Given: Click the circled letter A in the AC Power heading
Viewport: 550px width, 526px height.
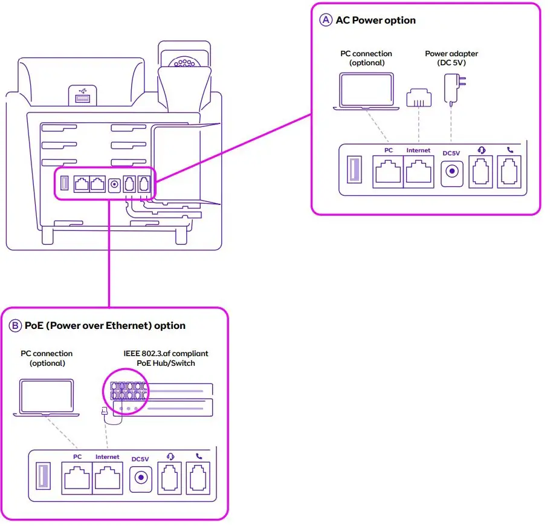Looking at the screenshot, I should (326, 20).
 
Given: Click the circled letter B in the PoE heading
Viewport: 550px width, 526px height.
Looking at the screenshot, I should (15, 325).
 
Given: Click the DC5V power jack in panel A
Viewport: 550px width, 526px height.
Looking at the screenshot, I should (451, 172).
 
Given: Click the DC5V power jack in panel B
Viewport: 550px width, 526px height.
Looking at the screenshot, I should (140, 478).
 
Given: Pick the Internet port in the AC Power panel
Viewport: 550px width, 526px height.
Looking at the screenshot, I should (419, 172).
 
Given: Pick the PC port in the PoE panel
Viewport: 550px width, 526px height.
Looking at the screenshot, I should (77, 478).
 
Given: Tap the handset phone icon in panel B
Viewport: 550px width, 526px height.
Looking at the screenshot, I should (198, 456).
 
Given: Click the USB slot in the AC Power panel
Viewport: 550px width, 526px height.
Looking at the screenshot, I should (354, 171).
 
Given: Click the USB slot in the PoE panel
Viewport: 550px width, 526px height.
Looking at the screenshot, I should (43, 478).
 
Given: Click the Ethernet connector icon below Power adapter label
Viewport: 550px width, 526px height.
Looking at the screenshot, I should (417, 97).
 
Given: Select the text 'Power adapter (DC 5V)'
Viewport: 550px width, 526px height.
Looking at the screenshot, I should (451, 58).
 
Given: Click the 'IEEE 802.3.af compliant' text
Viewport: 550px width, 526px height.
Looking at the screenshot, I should (166, 353).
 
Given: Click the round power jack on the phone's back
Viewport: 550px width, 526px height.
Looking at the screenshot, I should (114, 184).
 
